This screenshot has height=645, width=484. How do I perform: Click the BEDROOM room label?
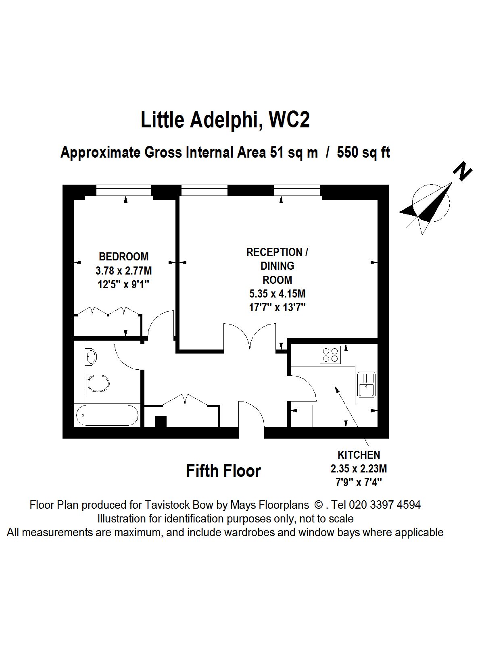pyautogui.click(x=124, y=256)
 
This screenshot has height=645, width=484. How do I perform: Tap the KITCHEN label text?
pyautogui.click(x=359, y=455)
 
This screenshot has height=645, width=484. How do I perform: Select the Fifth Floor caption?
pyautogui.click(x=223, y=471)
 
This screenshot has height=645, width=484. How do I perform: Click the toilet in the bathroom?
pyautogui.click(x=98, y=383)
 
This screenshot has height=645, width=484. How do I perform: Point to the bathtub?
pyautogui.click(x=107, y=415)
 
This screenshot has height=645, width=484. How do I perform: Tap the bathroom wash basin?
pyautogui.click(x=91, y=356)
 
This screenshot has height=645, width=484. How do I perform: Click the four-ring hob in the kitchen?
pyautogui.click(x=330, y=355)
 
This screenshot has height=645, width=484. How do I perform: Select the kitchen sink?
pyautogui.click(x=366, y=385)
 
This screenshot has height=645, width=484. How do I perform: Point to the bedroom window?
pyautogui.click(x=124, y=190)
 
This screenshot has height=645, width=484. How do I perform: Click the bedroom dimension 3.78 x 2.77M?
pyautogui.click(x=124, y=270)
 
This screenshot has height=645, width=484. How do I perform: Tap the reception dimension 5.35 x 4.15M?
pyautogui.click(x=277, y=293)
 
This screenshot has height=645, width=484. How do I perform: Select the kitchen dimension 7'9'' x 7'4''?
pyautogui.click(x=359, y=482)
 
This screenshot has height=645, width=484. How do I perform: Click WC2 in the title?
pyautogui.click(x=289, y=120)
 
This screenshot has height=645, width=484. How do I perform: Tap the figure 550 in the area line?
pyautogui.click(x=349, y=153)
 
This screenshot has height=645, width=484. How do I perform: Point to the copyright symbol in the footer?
pyautogui.click(x=318, y=505)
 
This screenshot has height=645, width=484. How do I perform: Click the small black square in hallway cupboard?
pyautogui.click(x=161, y=421)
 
